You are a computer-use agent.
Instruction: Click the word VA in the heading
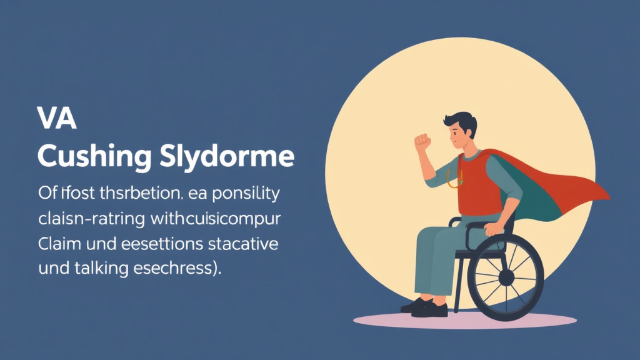click(57, 119)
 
